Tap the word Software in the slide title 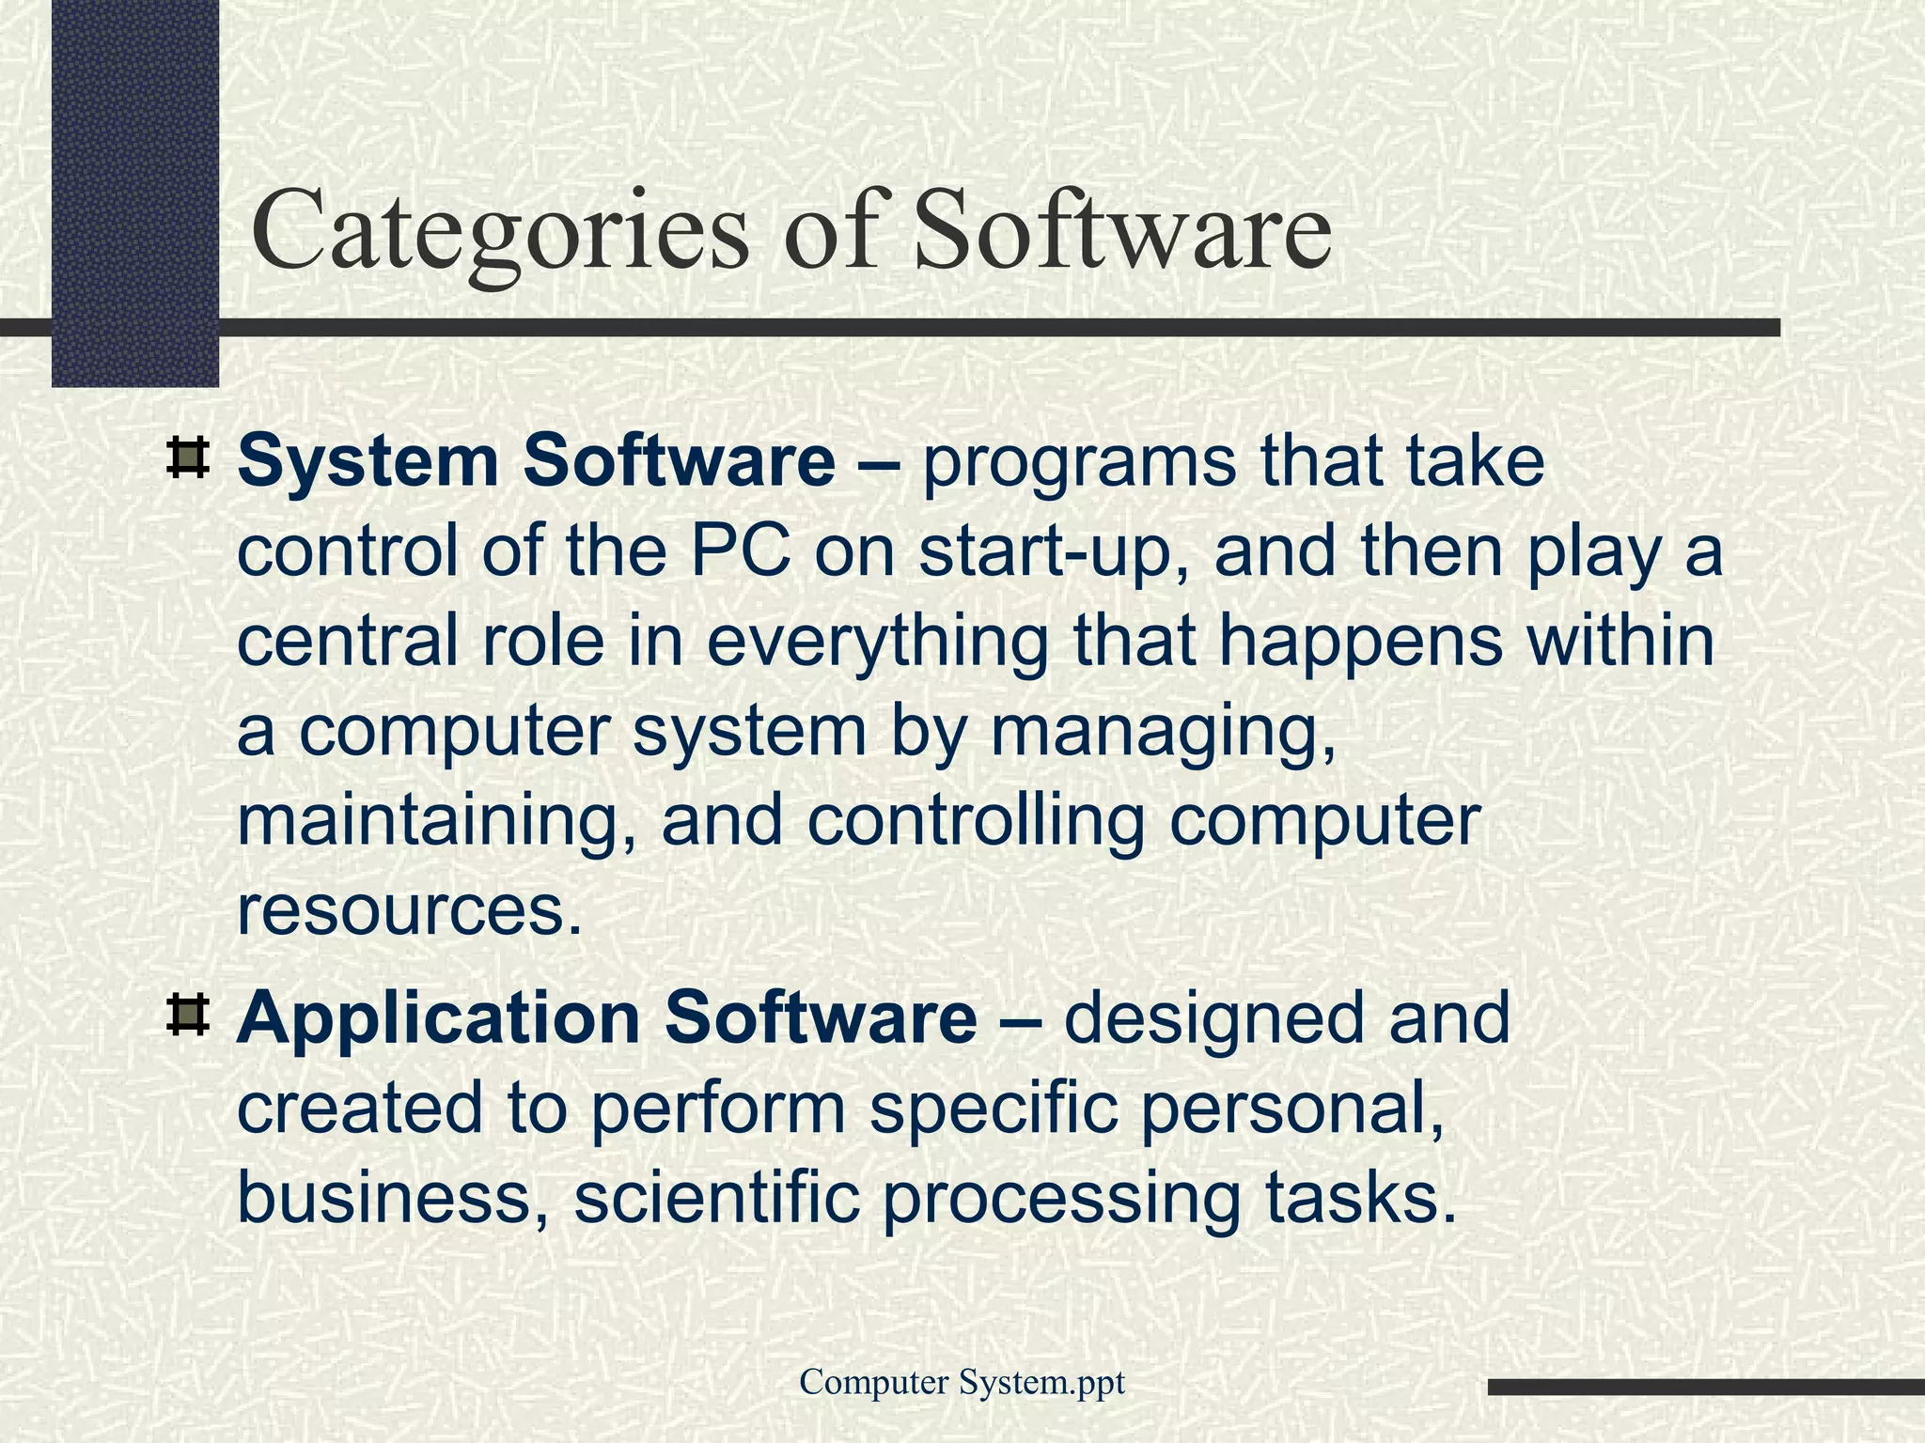[x=1122, y=229]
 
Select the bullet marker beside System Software [x=187, y=458]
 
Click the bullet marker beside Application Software [x=187, y=1016]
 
